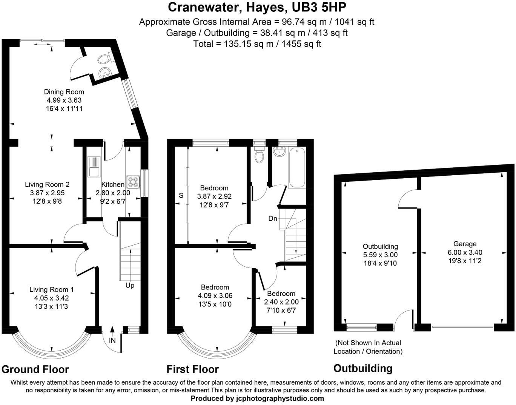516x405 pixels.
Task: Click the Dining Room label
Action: (x=64, y=92)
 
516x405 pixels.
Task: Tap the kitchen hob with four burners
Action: (x=133, y=182)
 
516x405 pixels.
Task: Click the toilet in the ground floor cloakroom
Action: (x=104, y=59)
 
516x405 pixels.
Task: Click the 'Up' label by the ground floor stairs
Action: (x=130, y=285)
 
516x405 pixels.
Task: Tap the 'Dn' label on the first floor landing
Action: (x=273, y=218)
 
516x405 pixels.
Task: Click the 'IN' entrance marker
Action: (x=112, y=340)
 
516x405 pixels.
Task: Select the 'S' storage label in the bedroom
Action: (x=181, y=195)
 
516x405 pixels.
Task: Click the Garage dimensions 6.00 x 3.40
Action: (x=465, y=252)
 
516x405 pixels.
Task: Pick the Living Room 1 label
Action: (x=51, y=290)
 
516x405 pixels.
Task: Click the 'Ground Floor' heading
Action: (x=35, y=369)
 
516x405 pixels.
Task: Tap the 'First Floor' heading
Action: (x=193, y=369)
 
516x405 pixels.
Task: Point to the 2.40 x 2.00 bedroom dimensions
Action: (x=281, y=302)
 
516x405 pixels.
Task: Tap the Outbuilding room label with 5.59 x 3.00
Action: (x=380, y=247)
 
